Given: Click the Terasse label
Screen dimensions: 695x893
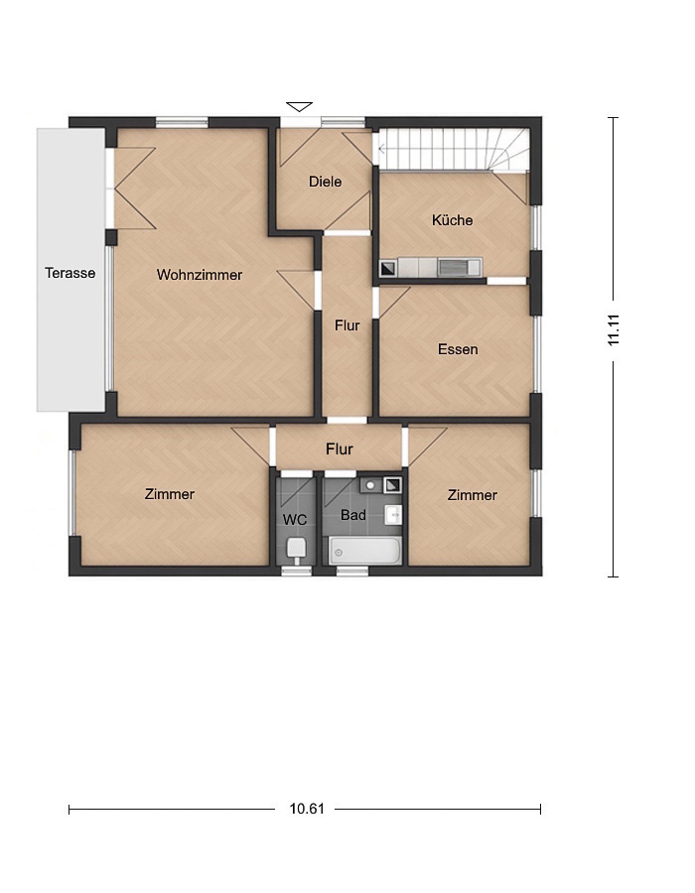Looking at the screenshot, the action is (x=70, y=273).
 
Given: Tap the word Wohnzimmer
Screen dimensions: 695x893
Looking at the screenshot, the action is (x=200, y=275).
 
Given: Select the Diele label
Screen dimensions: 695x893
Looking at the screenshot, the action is (x=326, y=182).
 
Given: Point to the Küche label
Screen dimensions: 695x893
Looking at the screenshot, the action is (x=453, y=220).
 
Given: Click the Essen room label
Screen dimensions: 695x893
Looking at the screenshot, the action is (x=458, y=349).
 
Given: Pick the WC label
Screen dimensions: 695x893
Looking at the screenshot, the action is (x=295, y=519).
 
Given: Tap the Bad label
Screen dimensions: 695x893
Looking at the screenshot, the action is (x=353, y=515).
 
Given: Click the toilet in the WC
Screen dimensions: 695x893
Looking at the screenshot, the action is (x=296, y=550).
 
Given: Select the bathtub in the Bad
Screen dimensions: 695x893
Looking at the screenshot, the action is (x=364, y=551).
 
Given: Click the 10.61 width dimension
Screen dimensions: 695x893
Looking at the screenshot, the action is (x=307, y=809).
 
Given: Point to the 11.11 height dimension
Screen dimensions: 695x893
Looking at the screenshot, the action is (x=613, y=329).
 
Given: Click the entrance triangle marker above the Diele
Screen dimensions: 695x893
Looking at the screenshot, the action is (x=300, y=106).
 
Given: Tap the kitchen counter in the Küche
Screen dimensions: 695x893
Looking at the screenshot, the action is (x=431, y=267).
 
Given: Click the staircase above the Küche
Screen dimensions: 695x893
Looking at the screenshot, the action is (x=454, y=150).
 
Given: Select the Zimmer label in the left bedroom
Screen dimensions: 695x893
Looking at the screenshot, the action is (x=170, y=494).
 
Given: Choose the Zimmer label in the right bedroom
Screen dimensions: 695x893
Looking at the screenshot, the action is (x=473, y=495).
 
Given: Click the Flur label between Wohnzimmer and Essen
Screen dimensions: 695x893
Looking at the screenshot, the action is (x=347, y=325).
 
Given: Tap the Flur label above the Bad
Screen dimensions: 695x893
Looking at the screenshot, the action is (x=340, y=448).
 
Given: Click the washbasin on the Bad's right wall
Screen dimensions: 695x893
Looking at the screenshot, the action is (x=393, y=514).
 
